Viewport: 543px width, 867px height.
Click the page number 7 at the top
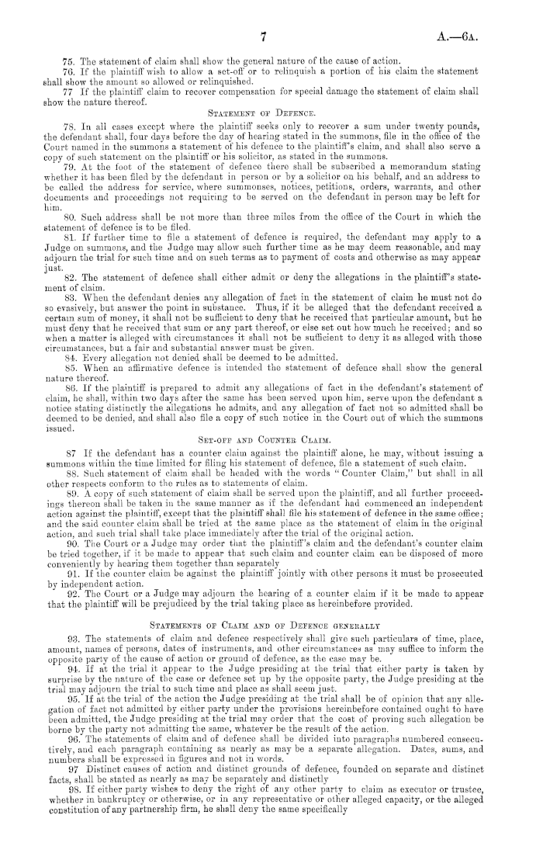point(265,35)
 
